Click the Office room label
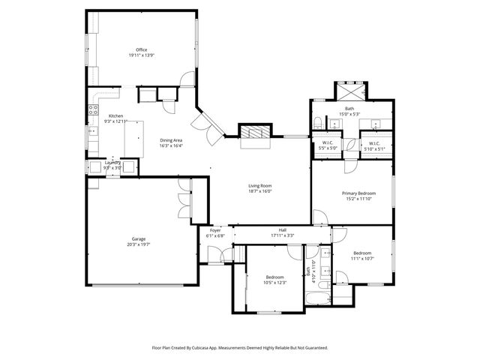(x=141, y=49)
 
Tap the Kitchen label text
(x=115, y=115)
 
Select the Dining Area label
(x=171, y=139)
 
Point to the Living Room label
(x=260, y=186)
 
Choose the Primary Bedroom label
(x=358, y=193)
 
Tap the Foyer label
(x=215, y=230)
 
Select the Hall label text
(x=282, y=230)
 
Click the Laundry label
(x=112, y=162)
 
